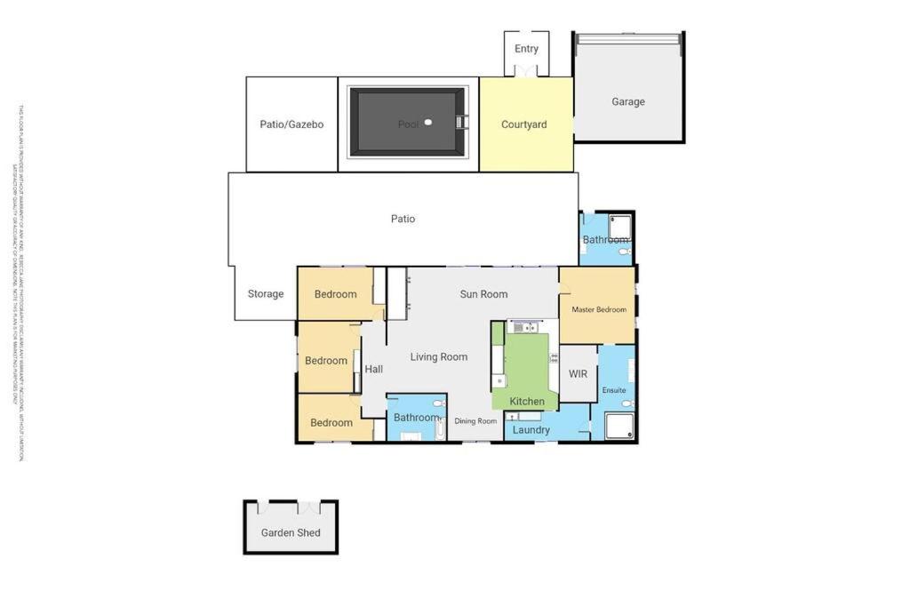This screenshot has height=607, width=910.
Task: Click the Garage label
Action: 628,101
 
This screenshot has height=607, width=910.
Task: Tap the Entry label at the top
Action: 526,49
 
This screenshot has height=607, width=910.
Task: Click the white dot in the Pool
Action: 428,123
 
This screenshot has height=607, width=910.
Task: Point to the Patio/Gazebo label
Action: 291,124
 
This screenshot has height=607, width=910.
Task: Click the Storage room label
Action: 266,294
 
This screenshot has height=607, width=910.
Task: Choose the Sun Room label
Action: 483,294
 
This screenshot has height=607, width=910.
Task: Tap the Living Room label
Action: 439,357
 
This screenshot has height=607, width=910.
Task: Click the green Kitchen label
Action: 527,402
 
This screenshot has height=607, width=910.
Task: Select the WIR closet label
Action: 579,374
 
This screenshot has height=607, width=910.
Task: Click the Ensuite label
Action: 614,390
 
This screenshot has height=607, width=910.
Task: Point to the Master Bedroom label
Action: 599,310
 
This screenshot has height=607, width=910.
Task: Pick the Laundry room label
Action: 531,430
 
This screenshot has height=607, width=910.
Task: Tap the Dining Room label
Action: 476,421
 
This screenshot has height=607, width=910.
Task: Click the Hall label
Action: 374,369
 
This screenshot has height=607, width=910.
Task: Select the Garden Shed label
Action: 291,533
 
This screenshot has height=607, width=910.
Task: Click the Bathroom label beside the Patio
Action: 605,240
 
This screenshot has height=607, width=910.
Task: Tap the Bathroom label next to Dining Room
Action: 416,418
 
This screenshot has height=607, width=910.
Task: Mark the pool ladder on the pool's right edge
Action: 460,123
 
